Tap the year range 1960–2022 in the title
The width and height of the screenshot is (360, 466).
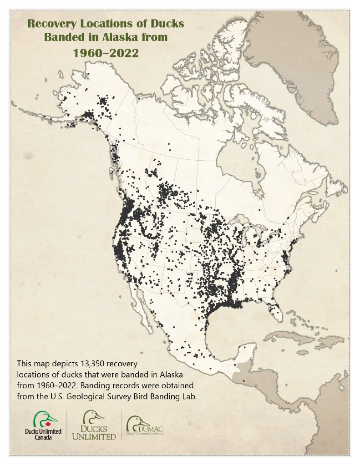(106, 52)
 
